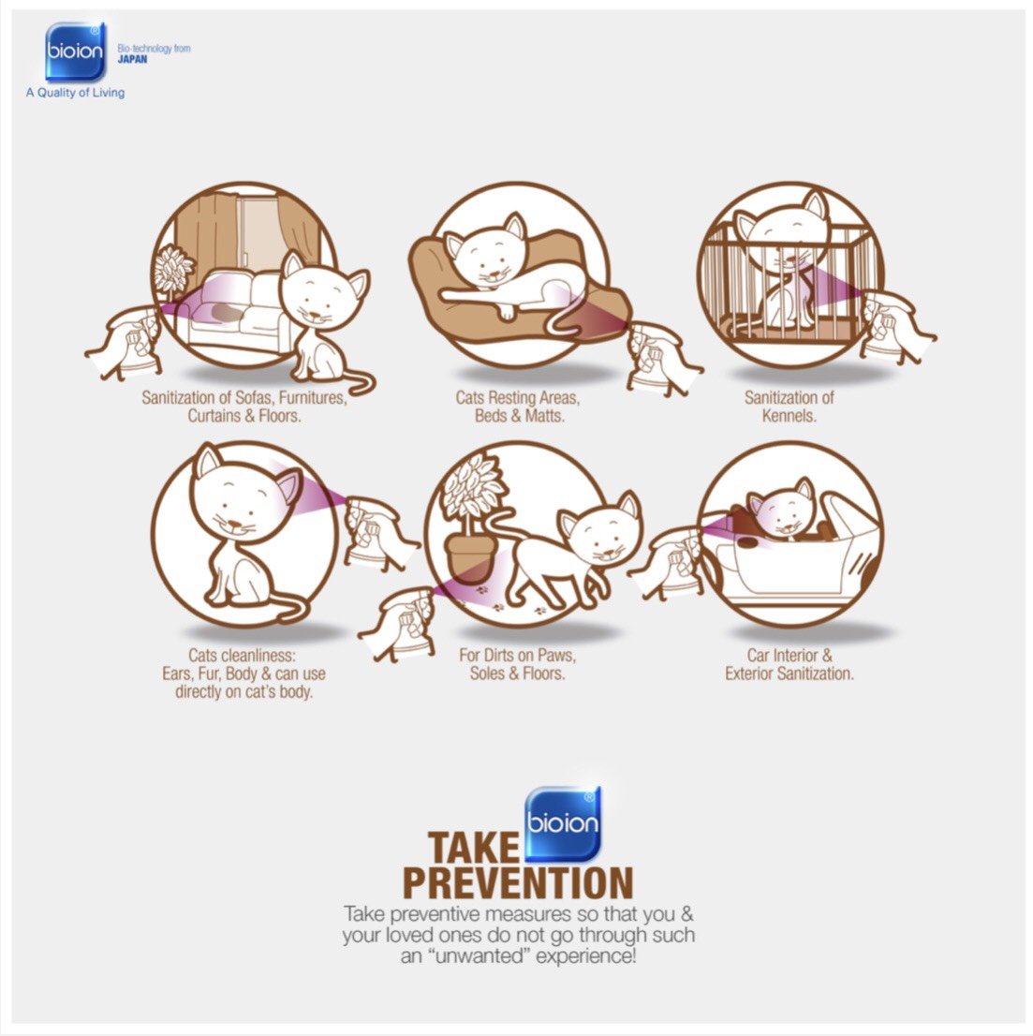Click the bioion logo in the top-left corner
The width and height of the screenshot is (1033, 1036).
coord(75,52)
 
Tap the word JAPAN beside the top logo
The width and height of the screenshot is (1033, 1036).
coord(132,59)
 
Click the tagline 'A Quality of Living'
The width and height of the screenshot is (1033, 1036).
coord(75,93)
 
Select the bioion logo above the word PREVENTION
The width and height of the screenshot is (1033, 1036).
coord(563,824)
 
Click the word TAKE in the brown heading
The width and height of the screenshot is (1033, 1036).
coord(474,849)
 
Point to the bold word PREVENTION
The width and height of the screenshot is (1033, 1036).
coord(518,883)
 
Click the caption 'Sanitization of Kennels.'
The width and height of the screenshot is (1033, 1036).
coord(789,407)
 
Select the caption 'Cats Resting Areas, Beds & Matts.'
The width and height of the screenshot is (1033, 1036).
coord(518,407)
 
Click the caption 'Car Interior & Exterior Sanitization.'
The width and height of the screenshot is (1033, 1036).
coord(790,664)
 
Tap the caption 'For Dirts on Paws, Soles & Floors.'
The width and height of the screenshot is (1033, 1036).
coord(518,664)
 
